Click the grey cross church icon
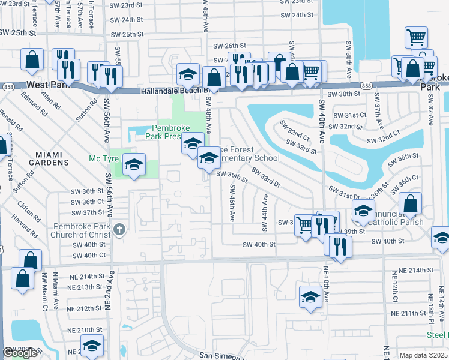(x=119, y=230)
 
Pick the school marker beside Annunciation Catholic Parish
(x=363, y=211)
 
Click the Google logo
(x=20, y=353)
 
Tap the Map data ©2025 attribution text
(x=423, y=355)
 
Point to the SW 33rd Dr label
(x=267, y=178)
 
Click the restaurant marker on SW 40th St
(x=340, y=247)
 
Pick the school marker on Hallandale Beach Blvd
(x=188, y=75)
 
